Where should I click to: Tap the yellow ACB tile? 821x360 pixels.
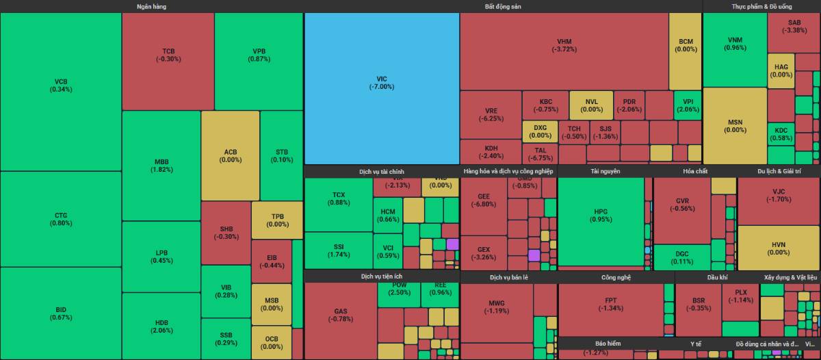click(x=231, y=155)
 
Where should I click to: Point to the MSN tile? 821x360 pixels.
click(x=735, y=126)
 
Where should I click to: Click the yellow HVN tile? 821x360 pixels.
click(x=779, y=248)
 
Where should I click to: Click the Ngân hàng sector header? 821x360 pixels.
click(x=151, y=6)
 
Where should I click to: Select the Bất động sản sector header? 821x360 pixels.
click(x=503, y=6)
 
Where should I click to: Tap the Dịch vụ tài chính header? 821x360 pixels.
click(x=381, y=171)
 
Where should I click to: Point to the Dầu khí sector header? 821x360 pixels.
click(x=717, y=277)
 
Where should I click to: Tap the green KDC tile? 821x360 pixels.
click(x=781, y=134)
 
